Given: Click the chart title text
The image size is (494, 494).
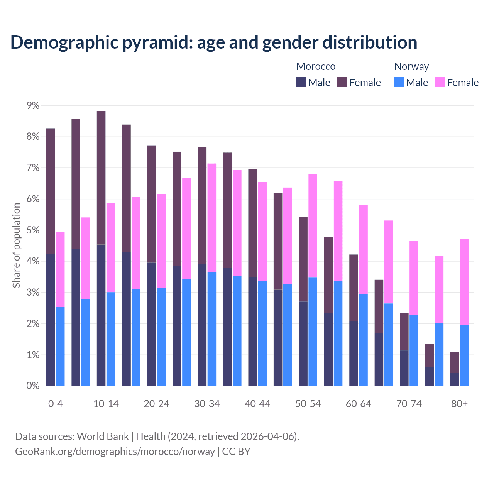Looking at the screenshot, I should point(214,42).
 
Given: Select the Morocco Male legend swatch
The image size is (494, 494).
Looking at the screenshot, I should point(301,82).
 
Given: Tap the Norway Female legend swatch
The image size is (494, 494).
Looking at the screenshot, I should point(440,82).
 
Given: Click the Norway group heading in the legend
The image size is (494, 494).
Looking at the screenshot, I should point(411,66).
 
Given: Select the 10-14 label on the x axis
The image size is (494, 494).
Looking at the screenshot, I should point(106,404).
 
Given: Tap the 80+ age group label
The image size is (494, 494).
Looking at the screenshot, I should point(459,404).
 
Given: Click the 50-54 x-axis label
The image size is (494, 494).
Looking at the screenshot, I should point(308,404).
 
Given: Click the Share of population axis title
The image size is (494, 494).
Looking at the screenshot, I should point(16,245).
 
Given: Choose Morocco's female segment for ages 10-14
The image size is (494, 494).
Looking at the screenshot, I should point(101,178).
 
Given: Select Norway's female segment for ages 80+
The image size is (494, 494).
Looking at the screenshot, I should point(464,282).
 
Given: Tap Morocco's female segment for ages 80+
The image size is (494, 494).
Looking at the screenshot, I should point(455,362).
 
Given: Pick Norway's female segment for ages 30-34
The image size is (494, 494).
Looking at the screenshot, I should point(212,218).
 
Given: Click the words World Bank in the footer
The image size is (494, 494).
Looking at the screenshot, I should point(103,436).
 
